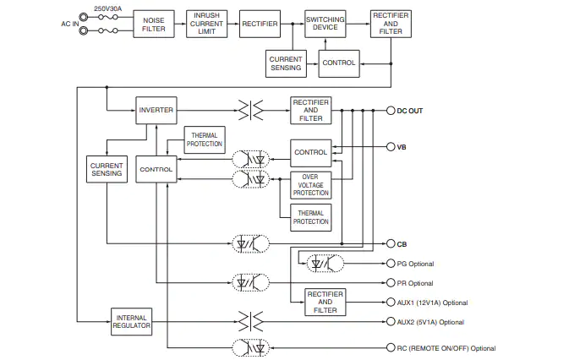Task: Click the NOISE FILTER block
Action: coord(154,24)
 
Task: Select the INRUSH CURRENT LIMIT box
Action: coord(206,24)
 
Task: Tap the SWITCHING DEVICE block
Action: coord(326,24)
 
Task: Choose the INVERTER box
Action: coord(156,110)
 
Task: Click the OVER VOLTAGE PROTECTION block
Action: coord(310,185)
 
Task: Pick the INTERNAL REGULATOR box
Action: coord(131,322)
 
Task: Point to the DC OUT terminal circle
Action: coord(391,111)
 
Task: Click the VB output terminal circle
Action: coord(391,147)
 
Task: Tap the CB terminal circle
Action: coord(391,243)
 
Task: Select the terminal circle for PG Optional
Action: coord(391,263)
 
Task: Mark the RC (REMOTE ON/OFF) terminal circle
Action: coord(391,347)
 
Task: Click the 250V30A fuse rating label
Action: coord(107,8)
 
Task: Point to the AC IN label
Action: coord(69,24)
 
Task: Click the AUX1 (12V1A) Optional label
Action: coord(432,303)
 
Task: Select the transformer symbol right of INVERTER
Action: coord(250,110)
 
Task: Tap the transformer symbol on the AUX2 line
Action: coord(250,321)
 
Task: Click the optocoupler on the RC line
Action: coord(251,348)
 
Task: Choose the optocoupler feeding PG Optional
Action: coord(326,264)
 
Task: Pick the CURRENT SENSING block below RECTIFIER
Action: coord(286,63)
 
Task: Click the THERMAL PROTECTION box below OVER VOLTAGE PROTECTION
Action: coord(310,217)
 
